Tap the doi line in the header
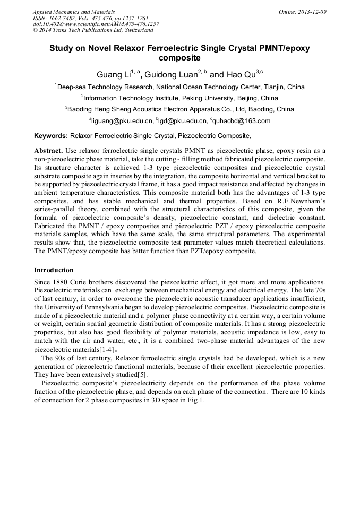coord(96,24)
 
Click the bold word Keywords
coord(51,136)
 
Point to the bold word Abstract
coord(49,151)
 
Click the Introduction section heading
coord(56,270)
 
